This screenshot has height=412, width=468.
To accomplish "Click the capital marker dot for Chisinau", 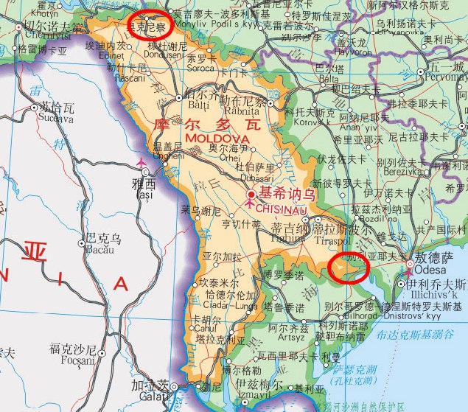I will [x=251, y=195].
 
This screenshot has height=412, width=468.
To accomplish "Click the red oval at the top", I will [x=149, y=24].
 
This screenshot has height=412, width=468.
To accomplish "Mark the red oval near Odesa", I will [x=349, y=268].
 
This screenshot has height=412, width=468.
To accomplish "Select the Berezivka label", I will [x=392, y=170].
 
